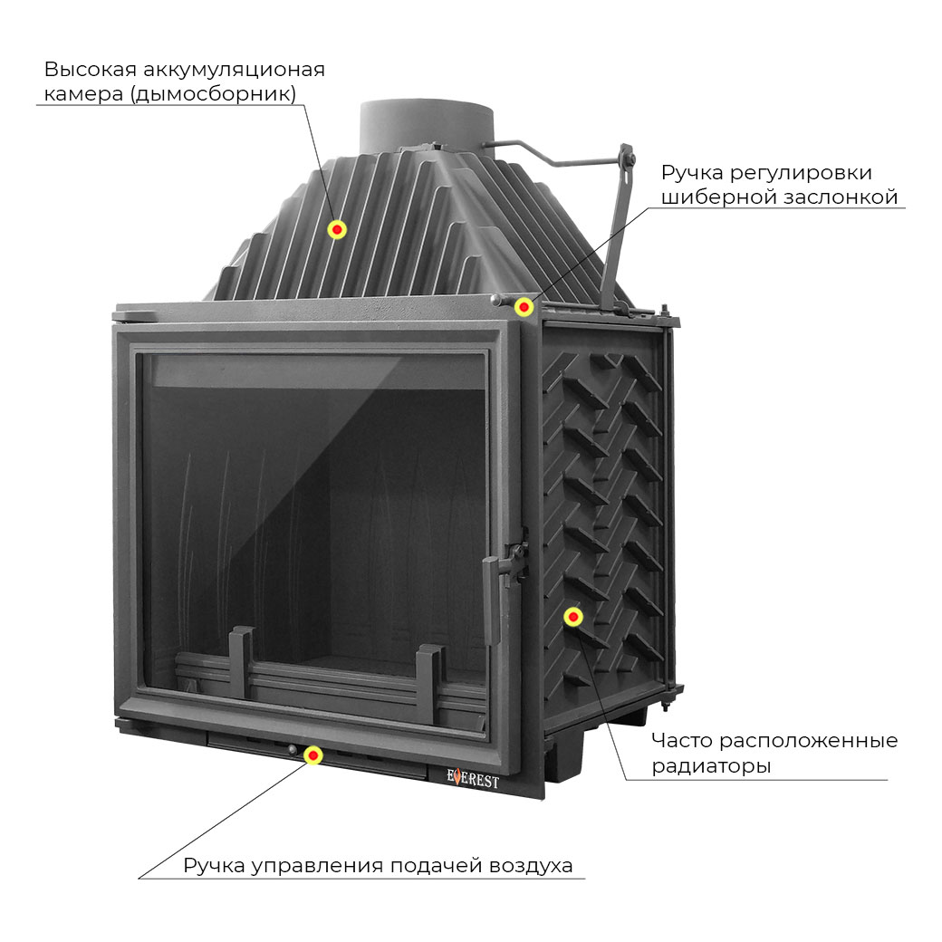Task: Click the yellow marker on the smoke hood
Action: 337,230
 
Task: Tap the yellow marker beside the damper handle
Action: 524,307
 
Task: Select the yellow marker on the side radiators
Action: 572,617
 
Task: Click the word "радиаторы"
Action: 711,766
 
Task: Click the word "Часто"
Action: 682,741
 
